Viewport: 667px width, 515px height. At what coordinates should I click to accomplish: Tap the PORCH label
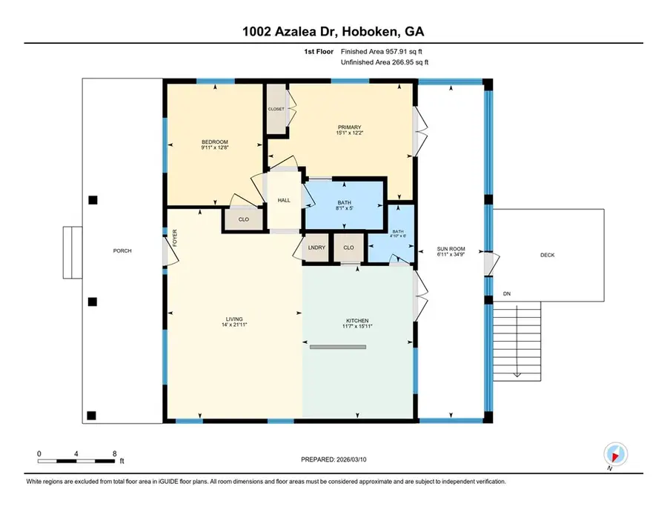click(x=122, y=251)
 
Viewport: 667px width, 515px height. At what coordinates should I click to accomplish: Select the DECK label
click(x=548, y=255)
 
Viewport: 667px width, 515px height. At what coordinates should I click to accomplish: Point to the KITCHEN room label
click(x=357, y=322)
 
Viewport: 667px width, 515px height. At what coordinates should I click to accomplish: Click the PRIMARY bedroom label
click(x=348, y=126)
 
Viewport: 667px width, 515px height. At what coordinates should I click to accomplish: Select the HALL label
click(x=284, y=200)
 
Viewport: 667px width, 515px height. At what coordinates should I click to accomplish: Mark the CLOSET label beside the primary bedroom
click(x=276, y=109)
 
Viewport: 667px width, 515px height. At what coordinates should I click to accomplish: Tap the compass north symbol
click(x=615, y=453)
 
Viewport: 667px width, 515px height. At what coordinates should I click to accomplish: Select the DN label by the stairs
click(x=507, y=294)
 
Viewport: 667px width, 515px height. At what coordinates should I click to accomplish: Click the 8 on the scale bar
click(x=113, y=453)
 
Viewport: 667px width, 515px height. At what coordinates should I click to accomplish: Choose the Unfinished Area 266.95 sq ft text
click(x=384, y=63)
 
